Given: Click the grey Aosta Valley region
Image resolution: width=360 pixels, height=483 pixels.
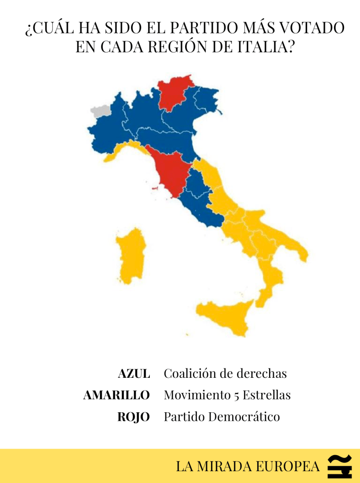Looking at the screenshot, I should point(100,112).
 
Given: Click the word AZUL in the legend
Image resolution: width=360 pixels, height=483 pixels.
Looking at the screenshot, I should point(134,374).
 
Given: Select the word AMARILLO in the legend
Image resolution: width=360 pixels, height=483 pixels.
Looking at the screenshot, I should point(116,395).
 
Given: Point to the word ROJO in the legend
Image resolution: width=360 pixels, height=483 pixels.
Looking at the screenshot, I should point(134,417).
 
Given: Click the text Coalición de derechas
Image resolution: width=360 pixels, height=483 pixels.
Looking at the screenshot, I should point(225,374).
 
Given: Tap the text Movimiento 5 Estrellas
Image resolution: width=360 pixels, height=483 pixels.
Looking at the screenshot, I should point(227,395).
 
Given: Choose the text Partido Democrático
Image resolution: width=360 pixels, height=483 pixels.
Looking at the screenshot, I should point(221,417).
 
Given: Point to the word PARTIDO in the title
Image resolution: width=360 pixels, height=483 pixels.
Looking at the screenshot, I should point(204,28).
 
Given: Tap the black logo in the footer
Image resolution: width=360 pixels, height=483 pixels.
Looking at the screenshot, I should point(340,466).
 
